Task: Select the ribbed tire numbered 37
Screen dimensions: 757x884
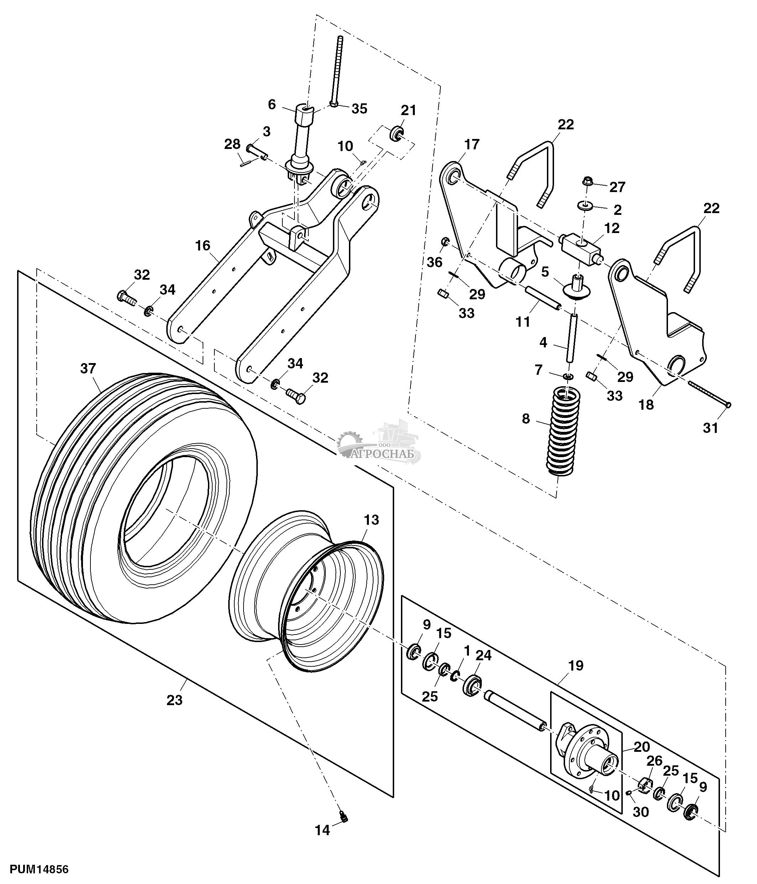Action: tap(145, 498)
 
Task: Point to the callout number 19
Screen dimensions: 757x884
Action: tap(576, 666)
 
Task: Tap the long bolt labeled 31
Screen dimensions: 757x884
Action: tap(709, 393)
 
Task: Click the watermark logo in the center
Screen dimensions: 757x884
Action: tap(379, 443)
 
